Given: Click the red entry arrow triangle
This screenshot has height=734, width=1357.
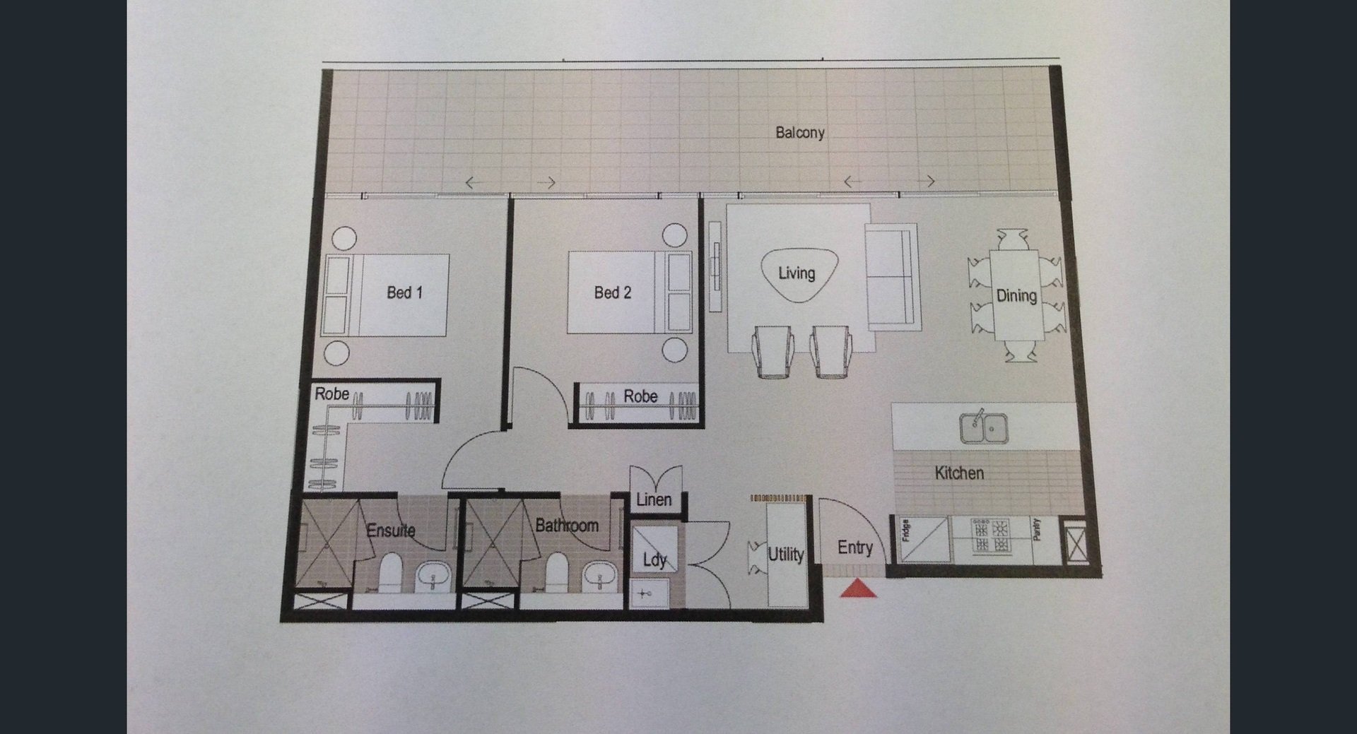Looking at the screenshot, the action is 858,589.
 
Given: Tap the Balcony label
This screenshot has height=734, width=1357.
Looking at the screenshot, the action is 800,133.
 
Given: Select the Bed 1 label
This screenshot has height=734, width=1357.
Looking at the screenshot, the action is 404,292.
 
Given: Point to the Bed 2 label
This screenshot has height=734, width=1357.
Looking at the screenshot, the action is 613,292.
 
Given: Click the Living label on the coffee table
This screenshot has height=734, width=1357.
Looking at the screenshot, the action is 797,273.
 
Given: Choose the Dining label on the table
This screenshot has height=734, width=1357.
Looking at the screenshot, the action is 1016,296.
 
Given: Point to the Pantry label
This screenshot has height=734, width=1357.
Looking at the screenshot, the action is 1036,530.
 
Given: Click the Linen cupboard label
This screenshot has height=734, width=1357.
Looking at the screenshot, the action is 654,500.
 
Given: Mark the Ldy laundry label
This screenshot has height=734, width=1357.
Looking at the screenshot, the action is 654,560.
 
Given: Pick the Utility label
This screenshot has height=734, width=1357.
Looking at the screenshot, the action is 786,555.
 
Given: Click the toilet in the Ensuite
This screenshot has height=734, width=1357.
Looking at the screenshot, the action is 390,571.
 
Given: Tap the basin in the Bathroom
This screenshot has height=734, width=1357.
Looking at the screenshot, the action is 601,577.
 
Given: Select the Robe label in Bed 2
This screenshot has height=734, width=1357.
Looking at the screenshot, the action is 640,397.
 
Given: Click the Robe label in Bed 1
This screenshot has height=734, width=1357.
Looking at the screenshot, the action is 332,394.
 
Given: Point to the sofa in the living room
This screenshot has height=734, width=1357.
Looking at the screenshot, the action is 892,277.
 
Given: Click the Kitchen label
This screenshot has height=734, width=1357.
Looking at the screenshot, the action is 959,473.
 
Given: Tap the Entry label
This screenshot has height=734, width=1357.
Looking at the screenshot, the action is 855,547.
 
